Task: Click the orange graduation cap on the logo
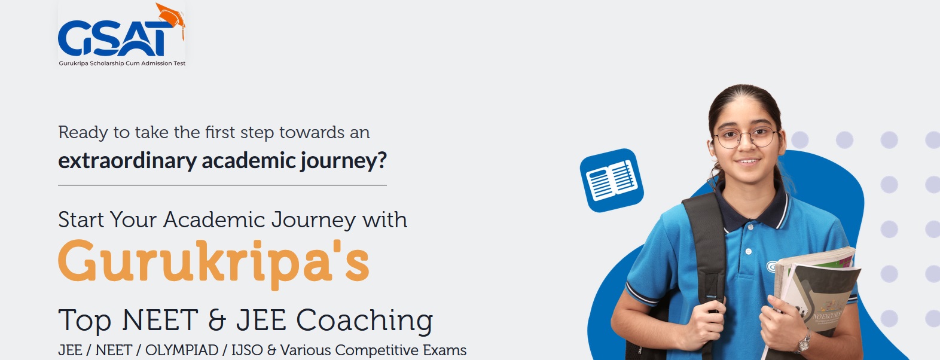[170, 17]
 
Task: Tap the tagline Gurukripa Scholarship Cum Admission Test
[122, 63]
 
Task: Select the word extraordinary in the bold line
[127, 161]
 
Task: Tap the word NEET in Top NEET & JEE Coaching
[160, 320]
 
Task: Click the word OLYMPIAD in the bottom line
[182, 350]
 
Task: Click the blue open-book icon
[612, 181]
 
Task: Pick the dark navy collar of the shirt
[751, 208]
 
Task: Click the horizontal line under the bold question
[222, 185]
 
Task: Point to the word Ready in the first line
[83, 133]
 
